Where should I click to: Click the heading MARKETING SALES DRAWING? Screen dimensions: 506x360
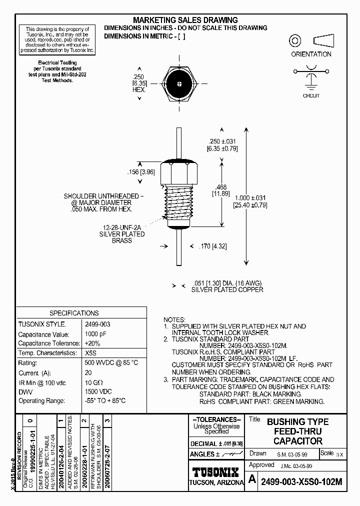tap(185, 20)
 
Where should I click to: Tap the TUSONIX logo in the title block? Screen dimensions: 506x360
tap(216, 472)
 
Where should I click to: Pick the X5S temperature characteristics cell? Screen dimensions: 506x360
tap(91, 352)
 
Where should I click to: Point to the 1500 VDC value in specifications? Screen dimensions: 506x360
tap(98, 391)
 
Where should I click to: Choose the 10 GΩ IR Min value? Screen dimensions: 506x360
tap(95, 381)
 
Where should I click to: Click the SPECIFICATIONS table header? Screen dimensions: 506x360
tap(74, 313)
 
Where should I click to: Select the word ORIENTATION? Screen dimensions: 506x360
tap(311, 54)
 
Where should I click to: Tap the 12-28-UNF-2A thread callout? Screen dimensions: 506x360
tap(122, 227)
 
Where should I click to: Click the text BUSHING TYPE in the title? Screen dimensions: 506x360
tap(297, 421)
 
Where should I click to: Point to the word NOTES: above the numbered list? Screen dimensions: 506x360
tap(174, 319)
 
